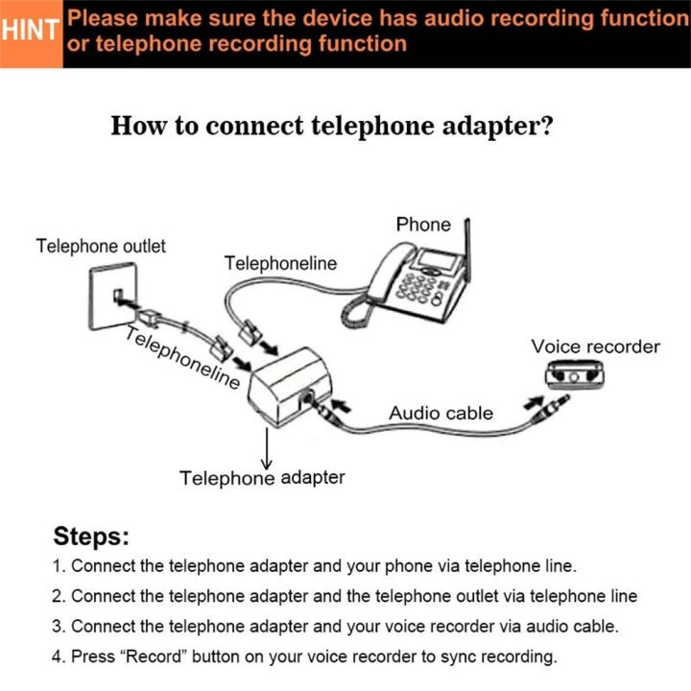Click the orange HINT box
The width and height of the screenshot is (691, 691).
click(x=31, y=32)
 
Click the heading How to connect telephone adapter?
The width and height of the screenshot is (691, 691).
click(x=332, y=127)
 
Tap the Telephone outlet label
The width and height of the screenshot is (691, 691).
click(x=101, y=247)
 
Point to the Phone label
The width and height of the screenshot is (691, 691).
click(x=423, y=225)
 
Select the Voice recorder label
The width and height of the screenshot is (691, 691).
click(x=596, y=346)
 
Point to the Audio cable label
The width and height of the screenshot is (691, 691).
click(x=441, y=414)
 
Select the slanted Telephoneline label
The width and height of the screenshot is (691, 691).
click(x=182, y=356)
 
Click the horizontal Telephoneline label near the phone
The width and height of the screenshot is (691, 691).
click(x=280, y=262)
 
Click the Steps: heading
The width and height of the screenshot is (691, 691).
click(x=91, y=536)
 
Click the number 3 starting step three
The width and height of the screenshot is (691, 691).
click(x=59, y=627)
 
